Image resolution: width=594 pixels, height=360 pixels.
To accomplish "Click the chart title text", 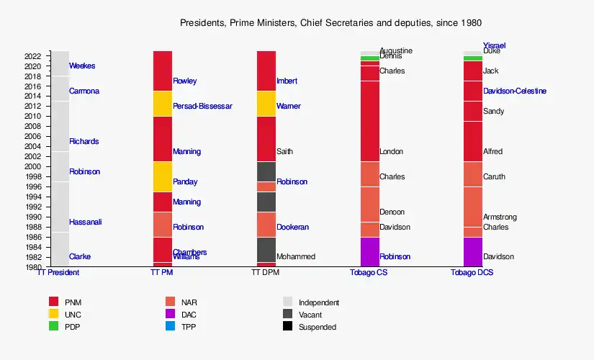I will click(x=330, y=23).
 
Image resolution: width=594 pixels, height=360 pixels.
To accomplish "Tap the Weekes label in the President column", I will click(x=82, y=66).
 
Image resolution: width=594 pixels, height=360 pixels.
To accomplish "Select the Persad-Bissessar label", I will click(x=202, y=107).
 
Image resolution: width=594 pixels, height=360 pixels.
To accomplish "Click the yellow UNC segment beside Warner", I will click(x=266, y=104).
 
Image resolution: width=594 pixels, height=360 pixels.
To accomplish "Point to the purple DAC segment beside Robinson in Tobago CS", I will click(x=369, y=251).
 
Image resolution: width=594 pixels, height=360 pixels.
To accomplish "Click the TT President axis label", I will click(x=58, y=273).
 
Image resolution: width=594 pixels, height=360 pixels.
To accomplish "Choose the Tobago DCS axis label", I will click(x=472, y=273).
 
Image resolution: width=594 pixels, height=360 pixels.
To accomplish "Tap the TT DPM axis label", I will click(x=265, y=273).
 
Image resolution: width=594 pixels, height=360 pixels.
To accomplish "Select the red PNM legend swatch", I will click(x=54, y=302).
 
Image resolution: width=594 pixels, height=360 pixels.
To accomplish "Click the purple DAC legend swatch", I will click(x=171, y=314).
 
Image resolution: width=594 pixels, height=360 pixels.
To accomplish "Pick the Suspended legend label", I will click(x=317, y=327).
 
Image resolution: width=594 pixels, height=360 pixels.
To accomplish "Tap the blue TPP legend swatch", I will click(x=171, y=326).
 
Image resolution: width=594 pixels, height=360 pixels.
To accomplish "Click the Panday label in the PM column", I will click(x=185, y=182).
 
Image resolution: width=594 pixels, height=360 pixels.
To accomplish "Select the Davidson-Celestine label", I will click(x=514, y=91).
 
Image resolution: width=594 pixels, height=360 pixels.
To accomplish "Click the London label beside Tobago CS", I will click(x=391, y=152).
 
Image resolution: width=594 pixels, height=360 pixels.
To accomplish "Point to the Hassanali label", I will click(x=85, y=222).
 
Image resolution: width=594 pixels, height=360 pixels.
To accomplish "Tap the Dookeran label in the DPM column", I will click(x=292, y=228).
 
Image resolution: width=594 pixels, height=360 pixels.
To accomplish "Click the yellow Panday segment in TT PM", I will click(x=163, y=176).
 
